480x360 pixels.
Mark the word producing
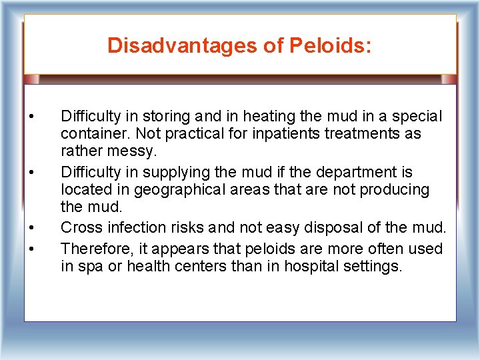click(x=394, y=189)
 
